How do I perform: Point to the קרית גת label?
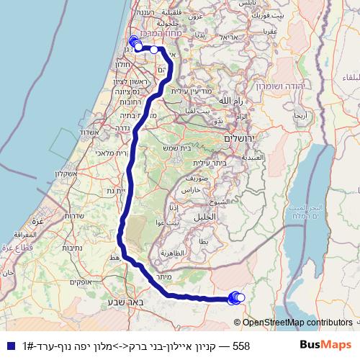point(116,190)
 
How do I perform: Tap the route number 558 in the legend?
point(242,346)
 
